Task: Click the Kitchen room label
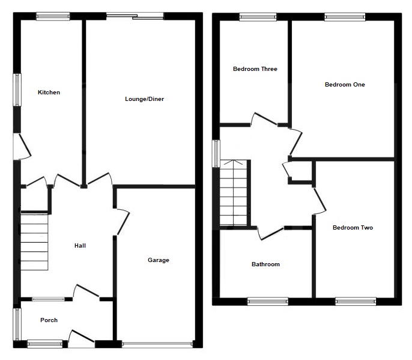click(49, 93)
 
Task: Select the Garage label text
click(159, 260)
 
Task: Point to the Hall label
click(80, 245)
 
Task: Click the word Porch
click(49, 320)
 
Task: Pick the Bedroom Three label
click(255, 69)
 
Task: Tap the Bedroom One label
click(345, 85)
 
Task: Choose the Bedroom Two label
click(353, 228)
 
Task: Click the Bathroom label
click(265, 264)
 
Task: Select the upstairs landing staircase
click(234, 192)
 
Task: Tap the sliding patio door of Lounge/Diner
click(135, 16)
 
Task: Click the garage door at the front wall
click(157, 344)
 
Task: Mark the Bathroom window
click(267, 301)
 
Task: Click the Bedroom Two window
click(356, 301)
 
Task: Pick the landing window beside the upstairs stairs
click(216, 153)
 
